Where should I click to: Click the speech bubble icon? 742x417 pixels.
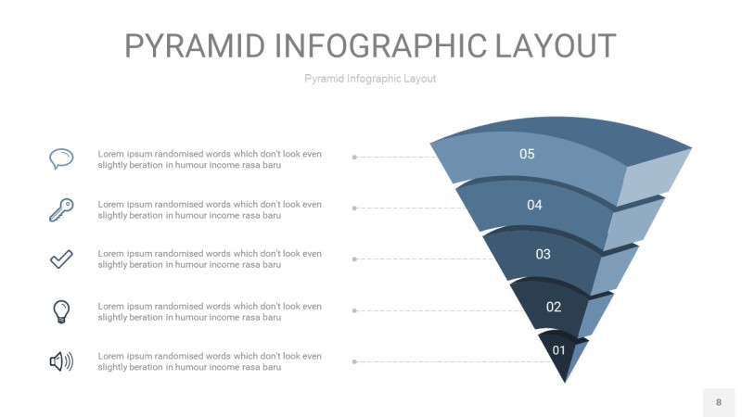point(61,158)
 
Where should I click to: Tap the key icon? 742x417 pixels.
point(61,209)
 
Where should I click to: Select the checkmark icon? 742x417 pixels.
point(61,259)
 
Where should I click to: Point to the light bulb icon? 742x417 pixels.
point(61,311)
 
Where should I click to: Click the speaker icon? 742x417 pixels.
point(61,361)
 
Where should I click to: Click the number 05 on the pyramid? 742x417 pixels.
point(527,154)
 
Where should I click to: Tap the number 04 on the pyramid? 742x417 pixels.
point(534,205)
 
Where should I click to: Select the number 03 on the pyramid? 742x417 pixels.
point(543,254)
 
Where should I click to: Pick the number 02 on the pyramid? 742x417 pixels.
point(553,307)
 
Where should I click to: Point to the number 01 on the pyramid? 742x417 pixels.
point(559,350)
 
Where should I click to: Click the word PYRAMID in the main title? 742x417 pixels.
point(195,45)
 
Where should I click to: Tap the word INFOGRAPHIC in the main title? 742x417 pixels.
point(380,45)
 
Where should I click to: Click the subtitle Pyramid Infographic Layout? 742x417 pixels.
point(370,79)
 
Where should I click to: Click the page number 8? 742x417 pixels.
point(719,402)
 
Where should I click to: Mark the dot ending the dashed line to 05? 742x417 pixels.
point(354,157)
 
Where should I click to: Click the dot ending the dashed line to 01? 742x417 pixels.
point(354,361)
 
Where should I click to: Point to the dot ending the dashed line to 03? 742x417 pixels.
point(354,259)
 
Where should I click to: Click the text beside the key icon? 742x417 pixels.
point(210,210)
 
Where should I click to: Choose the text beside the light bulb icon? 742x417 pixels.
point(210,312)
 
